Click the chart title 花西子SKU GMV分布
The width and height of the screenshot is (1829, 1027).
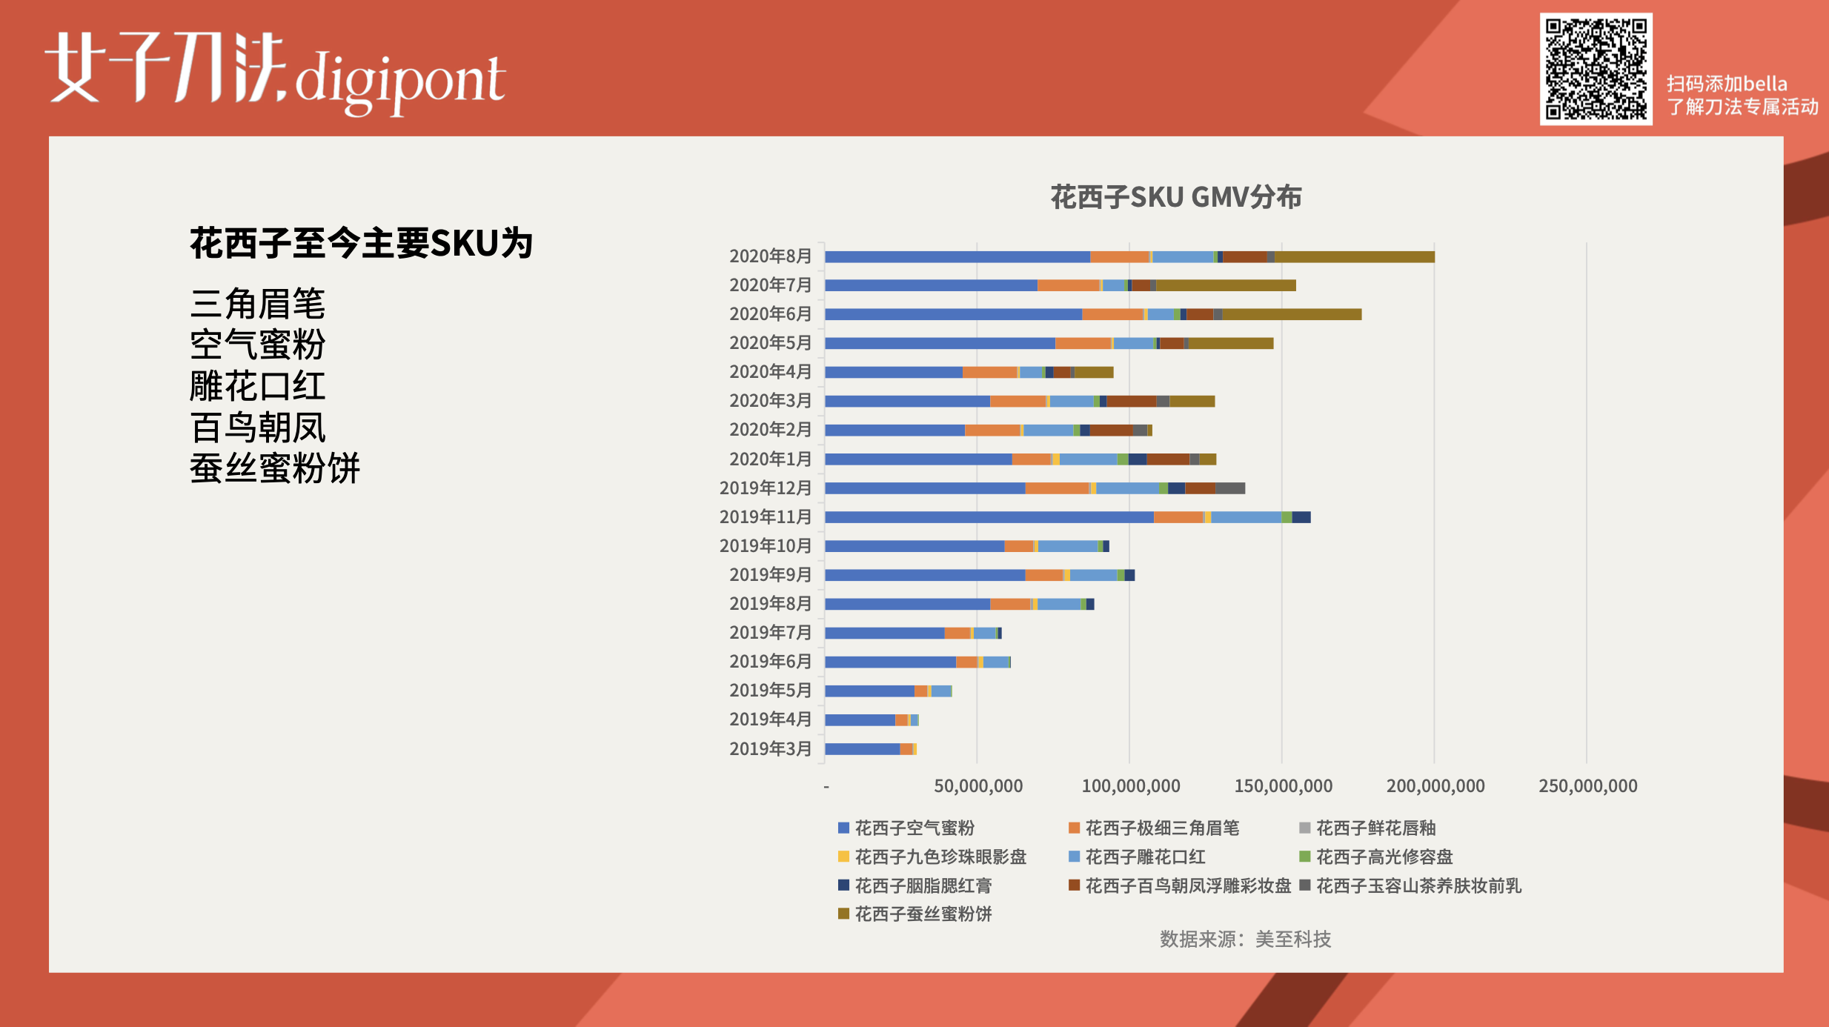(1176, 197)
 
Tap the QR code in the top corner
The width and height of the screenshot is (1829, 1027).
(1596, 69)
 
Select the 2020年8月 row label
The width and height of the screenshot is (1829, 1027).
(770, 256)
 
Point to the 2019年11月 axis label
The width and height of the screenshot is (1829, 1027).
(765, 516)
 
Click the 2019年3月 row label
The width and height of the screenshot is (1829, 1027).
(770, 748)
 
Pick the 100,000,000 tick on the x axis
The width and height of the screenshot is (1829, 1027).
(1130, 786)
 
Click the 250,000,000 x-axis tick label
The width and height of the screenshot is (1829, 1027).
(1587, 786)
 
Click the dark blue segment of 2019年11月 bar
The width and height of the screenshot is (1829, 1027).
(1301, 517)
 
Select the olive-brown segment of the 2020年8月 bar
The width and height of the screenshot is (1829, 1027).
(1354, 257)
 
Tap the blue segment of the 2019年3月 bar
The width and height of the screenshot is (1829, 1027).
(862, 749)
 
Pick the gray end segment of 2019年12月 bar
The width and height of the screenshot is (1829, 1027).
(1230, 488)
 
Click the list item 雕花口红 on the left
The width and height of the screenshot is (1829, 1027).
(257, 386)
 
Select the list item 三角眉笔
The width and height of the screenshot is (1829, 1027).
(257, 304)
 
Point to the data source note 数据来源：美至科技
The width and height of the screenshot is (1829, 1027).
(1245, 940)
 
